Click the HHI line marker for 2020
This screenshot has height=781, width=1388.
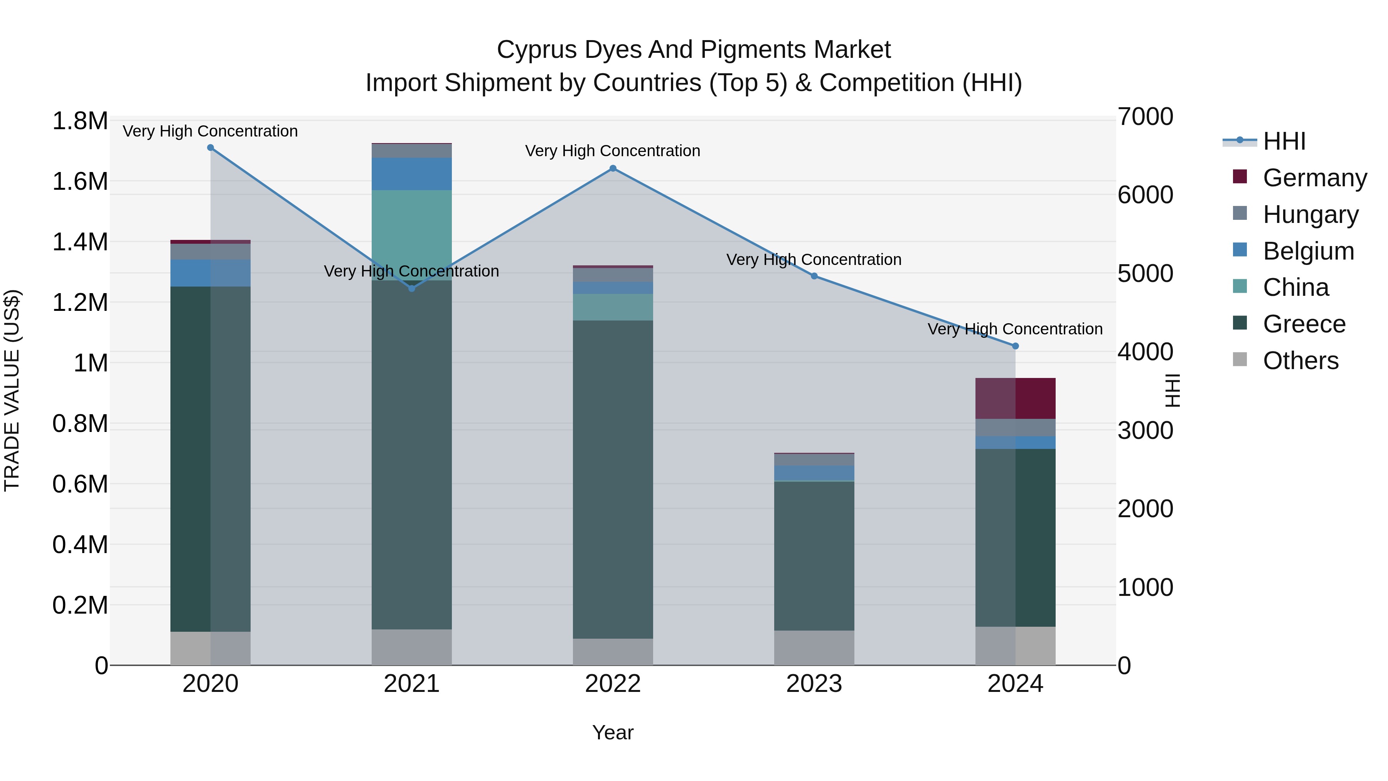pos(211,148)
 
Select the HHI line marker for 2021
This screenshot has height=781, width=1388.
pos(412,288)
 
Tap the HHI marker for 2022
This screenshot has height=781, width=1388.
pos(613,168)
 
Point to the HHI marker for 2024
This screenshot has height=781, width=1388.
pos(1015,346)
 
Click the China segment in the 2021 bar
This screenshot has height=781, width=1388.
pos(412,234)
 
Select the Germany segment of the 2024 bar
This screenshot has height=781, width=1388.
pos(1015,398)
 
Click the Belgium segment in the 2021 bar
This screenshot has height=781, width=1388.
pos(412,174)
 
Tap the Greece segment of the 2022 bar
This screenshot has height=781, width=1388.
pos(613,480)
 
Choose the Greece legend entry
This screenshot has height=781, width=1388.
pos(1304,324)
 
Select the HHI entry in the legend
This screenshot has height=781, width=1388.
pos(1284,141)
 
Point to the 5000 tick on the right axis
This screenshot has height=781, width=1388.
pos(1145,273)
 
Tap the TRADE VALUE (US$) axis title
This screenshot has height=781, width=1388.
pos(12,390)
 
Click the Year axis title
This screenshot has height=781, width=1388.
pos(613,732)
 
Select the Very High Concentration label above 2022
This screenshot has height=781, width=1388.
pos(613,151)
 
